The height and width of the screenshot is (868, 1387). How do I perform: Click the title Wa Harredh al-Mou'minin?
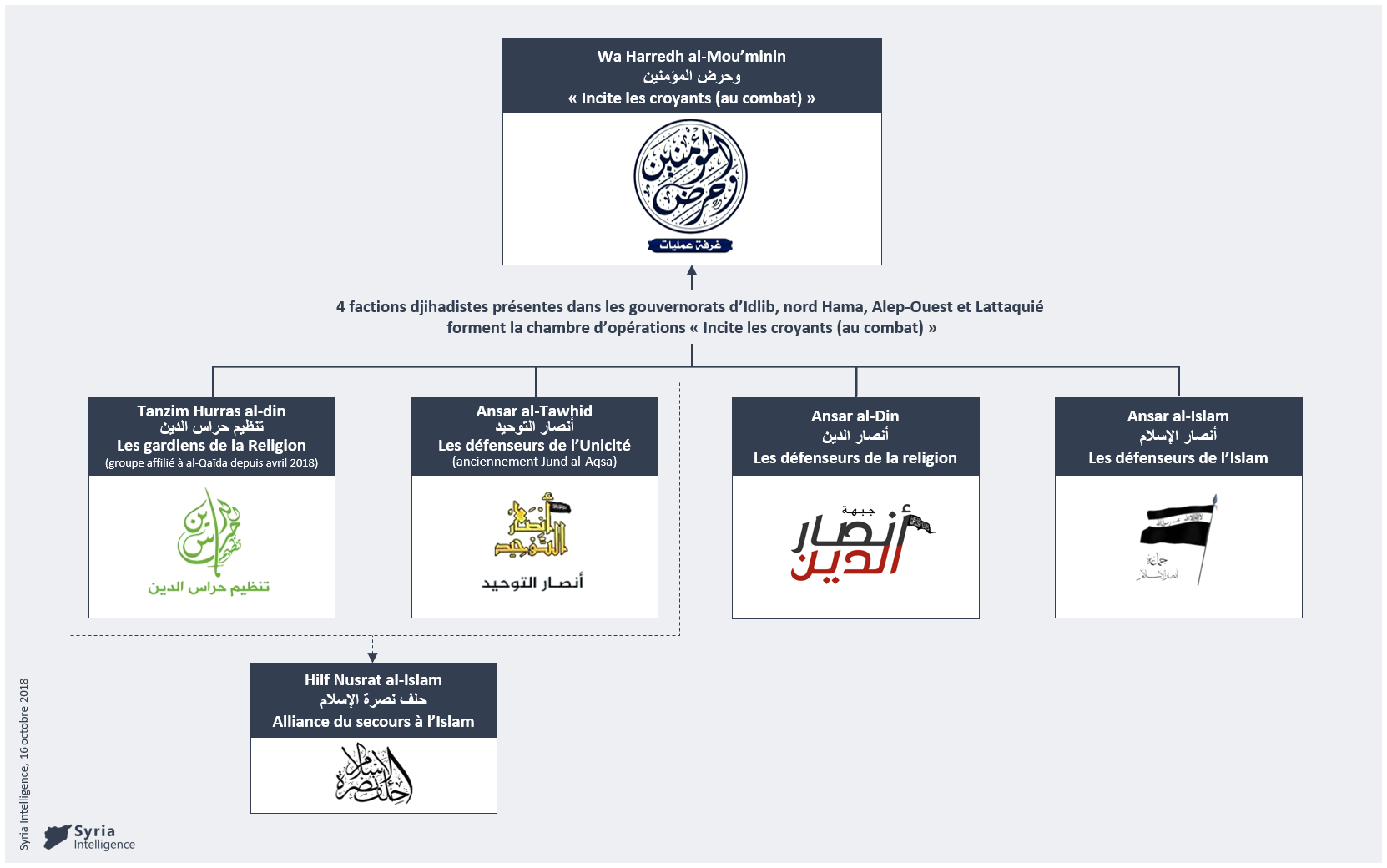tap(691, 57)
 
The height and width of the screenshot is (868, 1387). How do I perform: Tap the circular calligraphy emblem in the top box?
tap(690, 177)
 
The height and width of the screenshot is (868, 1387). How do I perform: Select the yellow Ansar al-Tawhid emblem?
tap(533, 525)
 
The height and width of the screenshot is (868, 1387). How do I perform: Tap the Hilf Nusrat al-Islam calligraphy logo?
tap(374, 775)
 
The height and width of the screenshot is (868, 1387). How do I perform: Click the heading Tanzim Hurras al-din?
tap(211, 411)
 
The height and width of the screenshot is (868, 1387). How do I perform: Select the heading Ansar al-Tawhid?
tap(534, 411)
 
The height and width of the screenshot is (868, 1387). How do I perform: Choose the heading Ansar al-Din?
tap(855, 416)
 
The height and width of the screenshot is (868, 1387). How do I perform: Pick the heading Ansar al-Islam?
tap(1178, 416)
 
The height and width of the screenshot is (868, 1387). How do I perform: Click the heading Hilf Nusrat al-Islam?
tap(373, 680)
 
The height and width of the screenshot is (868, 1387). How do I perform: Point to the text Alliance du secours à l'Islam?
tap(373, 722)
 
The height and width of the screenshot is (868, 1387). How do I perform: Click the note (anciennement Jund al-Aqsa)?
tap(534, 462)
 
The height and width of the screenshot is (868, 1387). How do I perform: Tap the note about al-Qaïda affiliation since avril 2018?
tap(211, 463)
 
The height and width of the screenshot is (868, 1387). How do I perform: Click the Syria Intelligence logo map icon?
tap(57, 836)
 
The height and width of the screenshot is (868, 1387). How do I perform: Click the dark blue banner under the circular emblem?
tap(690, 245)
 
